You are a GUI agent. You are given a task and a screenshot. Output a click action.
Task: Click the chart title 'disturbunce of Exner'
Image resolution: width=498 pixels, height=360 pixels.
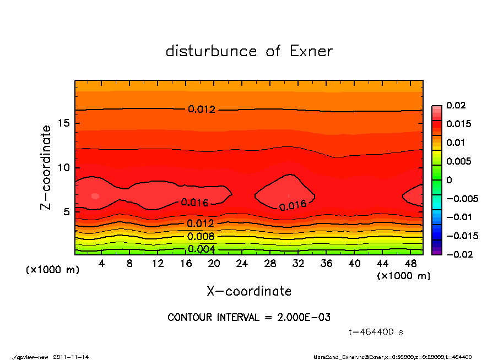249,51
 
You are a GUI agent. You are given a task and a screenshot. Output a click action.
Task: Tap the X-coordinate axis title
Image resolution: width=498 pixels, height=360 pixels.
249,291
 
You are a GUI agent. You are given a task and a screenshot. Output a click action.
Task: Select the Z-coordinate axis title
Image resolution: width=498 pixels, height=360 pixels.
46,167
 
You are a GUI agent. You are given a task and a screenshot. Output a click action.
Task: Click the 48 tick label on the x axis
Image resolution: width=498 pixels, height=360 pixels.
411,264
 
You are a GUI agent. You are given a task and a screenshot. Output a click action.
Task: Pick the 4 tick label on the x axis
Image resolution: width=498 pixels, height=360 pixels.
102,264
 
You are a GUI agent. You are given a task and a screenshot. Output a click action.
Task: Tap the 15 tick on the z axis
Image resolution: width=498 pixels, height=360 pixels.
63,123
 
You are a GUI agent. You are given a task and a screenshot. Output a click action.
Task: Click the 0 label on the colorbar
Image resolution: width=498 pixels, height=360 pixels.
449,179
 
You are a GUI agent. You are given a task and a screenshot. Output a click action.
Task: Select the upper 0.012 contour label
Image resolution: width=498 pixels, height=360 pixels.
202,109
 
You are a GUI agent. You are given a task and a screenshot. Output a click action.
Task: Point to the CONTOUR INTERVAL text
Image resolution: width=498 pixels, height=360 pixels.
249,318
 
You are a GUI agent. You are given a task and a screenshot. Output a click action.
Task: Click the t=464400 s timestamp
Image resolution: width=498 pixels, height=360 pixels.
377,332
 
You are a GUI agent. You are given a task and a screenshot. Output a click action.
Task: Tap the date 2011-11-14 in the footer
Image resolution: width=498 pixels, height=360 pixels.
71,357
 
